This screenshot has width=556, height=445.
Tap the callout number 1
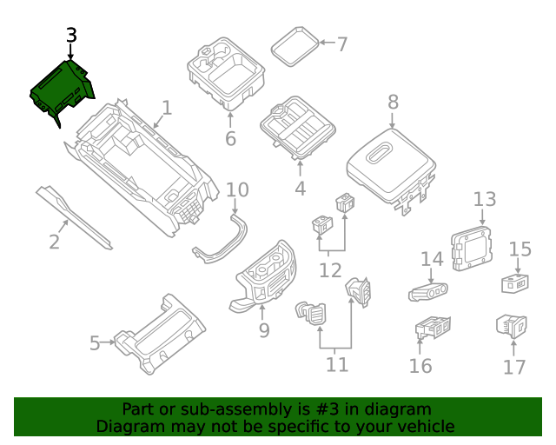click(167, 108)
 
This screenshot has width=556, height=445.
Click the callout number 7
click(341, 43)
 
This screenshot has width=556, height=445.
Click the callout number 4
click(300, 188)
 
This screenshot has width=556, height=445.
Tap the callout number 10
click(237, 190)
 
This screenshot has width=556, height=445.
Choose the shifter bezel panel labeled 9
click(265, 273)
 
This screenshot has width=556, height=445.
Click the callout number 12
click(330, 270)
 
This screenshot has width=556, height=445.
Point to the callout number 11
click(336, 364)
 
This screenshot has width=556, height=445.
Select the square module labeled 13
click(470, 244)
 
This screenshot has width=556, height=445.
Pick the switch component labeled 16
click(431, 329)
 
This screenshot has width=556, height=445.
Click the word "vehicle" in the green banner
click(425, 426)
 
